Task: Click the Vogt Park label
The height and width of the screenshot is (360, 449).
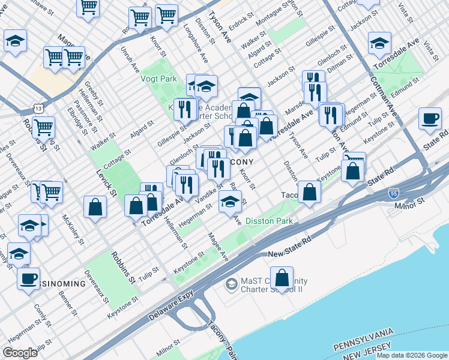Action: [158, 79]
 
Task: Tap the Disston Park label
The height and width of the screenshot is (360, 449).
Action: [269, 221]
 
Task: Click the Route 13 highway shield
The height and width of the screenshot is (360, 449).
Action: [38, 108]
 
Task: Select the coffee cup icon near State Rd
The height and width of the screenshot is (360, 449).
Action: [429, 119]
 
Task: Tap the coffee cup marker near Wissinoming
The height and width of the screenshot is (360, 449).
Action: [28, 278]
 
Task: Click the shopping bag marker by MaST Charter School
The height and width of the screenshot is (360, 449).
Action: [282, 278]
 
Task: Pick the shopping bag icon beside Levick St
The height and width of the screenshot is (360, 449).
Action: [95, 208]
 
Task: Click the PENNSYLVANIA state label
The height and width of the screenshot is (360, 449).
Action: [364, 339]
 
